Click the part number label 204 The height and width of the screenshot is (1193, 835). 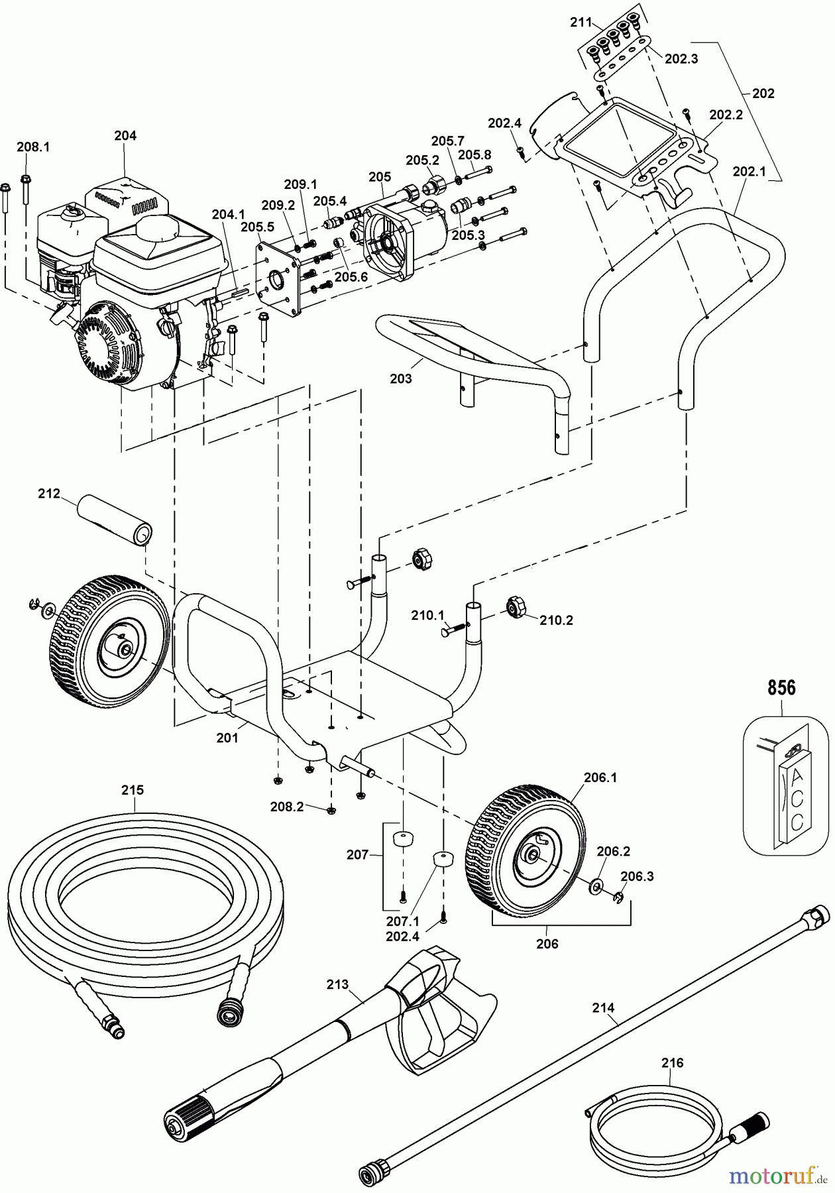point(125,136)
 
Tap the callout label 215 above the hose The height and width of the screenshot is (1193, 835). point(133,791)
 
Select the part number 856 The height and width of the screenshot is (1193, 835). point(781,688)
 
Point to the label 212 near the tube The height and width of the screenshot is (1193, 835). point(49,494)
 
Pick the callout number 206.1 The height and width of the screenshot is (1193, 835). point(600,778)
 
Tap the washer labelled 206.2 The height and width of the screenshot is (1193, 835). point(596,885)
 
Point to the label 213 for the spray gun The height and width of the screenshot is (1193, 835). point(338,985)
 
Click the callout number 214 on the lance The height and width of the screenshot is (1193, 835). point(604,1008)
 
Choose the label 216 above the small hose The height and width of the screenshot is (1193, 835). point(672,1063)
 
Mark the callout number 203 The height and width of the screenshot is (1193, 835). point(401,379)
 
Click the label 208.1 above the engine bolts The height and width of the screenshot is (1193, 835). point(33,146)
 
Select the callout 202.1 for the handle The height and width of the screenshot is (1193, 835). point(750,171)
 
